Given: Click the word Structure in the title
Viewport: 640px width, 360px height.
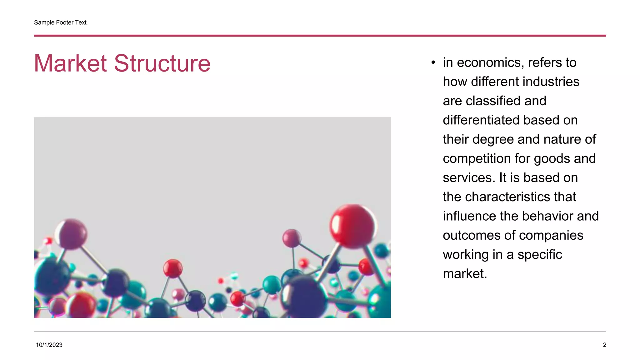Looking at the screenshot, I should pos(162,63).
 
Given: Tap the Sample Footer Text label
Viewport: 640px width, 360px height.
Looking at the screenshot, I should pos(60,22).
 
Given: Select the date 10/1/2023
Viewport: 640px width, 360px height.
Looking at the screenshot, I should pos(49,345).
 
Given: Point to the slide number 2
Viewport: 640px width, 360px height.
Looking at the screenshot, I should pos(604,345).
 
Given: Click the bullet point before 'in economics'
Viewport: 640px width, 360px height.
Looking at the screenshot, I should pos(433,63).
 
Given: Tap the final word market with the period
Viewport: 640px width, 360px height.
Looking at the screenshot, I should pos(465,274).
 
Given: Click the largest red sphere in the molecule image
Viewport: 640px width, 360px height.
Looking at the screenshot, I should pos(352,226).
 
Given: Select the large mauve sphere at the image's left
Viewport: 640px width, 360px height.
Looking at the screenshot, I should pos(72,233).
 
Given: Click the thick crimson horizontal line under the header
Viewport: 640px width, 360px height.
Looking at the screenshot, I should pos(320,36).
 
